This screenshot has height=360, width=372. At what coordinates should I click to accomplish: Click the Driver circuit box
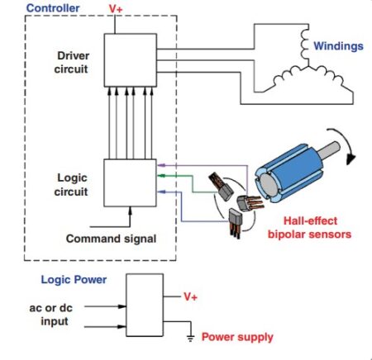click(x=127, y=59)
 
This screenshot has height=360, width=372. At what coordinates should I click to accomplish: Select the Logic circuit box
click(x=127, y=182)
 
